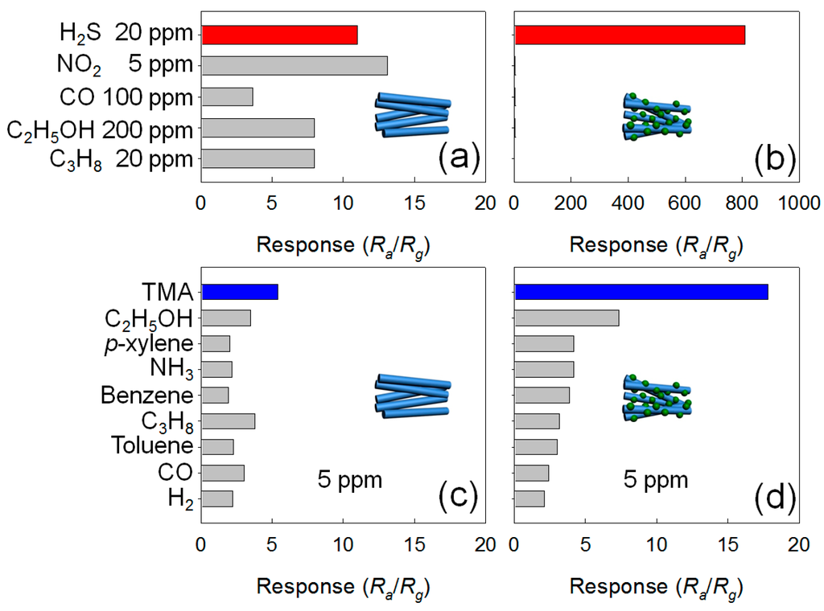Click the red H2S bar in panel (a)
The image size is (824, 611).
click(x=279, y=35)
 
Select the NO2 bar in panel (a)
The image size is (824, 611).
click(x=295, y=65)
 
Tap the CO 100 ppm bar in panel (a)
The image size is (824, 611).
click(x=227, y=96)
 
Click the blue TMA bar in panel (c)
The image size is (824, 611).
click(x=240, y=292)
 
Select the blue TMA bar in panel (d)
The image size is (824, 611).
click(x=641, y=292)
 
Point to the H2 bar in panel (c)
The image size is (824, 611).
click(x=217, y=499)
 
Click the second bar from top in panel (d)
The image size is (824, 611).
click(x=566, y=318)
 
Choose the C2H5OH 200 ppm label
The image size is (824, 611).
click(x=100, y=129)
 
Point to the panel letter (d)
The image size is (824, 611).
click(x=773, y=498)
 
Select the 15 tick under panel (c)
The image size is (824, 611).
click(x=414, y=545)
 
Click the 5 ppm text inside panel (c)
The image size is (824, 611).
click(x=348, y=481)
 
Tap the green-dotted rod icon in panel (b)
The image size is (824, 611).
click(x=657, y=117)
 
